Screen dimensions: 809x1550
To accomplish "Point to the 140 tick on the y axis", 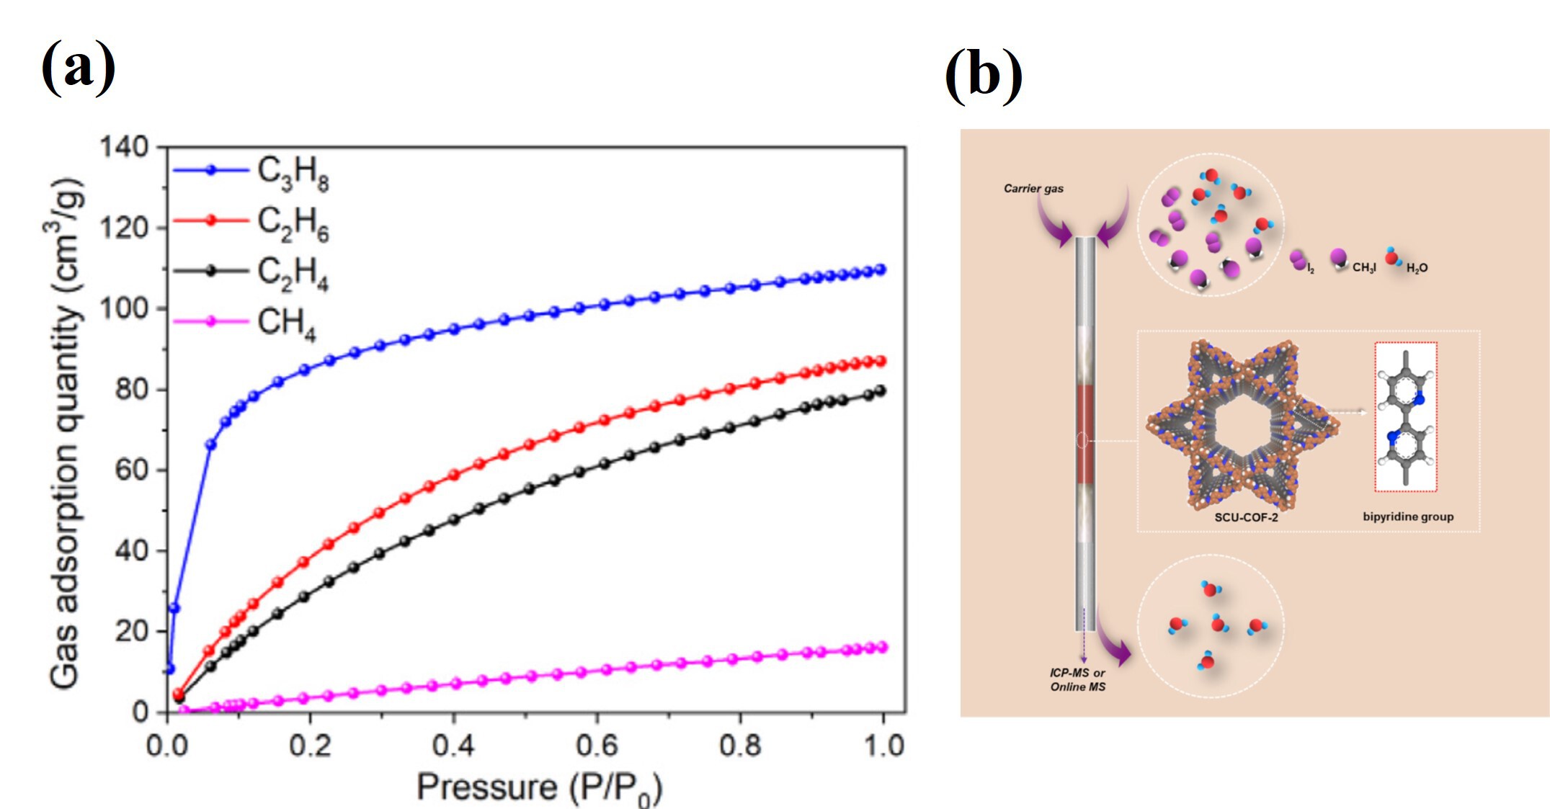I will (123, 147).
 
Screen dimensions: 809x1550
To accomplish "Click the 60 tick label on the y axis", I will (130, 470).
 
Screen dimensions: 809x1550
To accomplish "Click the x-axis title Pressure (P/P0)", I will (538, 787).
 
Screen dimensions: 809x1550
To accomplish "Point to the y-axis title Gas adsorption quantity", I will (65, 432).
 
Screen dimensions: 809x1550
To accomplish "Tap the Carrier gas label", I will (1033, 189).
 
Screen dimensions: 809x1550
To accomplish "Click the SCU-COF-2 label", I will (1246, 517).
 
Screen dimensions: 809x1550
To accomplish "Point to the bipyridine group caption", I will (1407, 517).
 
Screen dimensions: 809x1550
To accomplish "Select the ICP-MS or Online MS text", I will (1077, 680).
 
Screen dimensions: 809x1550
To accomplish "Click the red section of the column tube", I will (1085, 434).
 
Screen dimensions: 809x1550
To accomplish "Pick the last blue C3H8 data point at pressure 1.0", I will (880, 269).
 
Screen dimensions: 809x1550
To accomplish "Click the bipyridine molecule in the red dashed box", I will (1405, 417).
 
